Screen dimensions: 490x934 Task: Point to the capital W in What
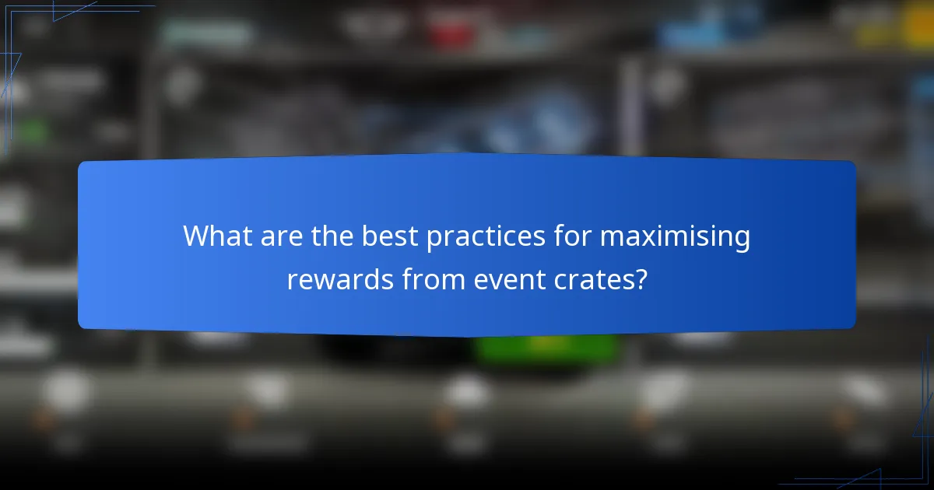pos(195,236)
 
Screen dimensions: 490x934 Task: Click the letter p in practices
pos(433,240)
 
